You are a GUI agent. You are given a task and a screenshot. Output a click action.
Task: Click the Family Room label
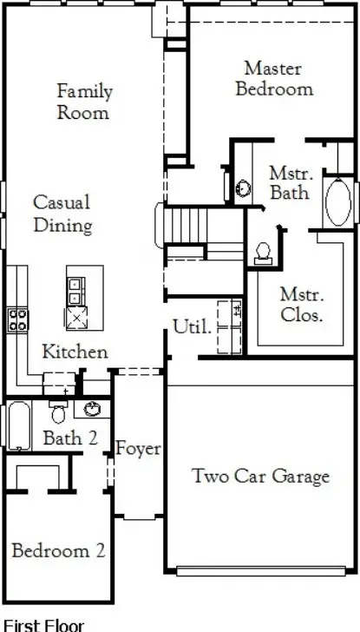tap(83, 101)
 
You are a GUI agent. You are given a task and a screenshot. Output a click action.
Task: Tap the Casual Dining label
tap(62, 214)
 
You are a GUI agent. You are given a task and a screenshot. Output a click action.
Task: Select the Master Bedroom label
tap(274, 78)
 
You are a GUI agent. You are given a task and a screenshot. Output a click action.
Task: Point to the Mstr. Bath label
tap(289, 182)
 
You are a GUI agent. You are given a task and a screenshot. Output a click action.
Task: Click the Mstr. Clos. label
tap(301, 305)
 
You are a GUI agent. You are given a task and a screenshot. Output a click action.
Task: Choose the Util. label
tap(192, 327)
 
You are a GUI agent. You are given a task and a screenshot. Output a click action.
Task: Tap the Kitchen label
tap(75, 352)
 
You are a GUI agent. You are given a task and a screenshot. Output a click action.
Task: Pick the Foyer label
tap(138, 449)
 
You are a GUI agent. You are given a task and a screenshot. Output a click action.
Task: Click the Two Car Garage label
tap(260, 476)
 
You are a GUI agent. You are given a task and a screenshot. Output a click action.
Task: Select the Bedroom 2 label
tap(58, 550)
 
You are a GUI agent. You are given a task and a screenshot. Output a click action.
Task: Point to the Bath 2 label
tap(69, 438)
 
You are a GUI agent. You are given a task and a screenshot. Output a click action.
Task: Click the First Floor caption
tap(44, 623)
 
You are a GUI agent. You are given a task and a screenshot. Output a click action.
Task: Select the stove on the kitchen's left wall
tap(16, 319)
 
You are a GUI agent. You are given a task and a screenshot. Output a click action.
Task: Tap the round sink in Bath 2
tap(92, 408)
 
